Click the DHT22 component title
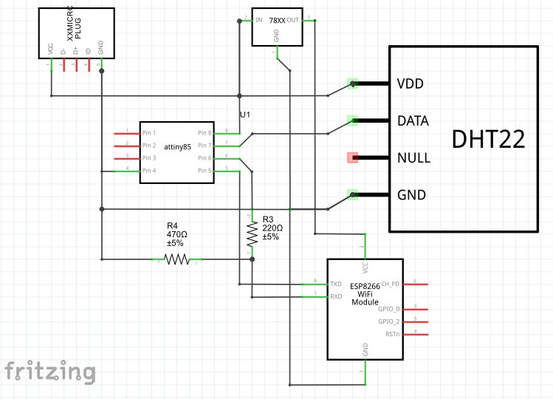tap(488, 139)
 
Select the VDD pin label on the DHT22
tap(410, 83)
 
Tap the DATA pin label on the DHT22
tap(413, 120)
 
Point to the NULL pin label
tap(413, 158)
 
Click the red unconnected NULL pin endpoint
tap(353, 157)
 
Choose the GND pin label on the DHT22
tap(411, 195)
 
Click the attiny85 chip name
tap(177, 147)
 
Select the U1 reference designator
tap(245, 115)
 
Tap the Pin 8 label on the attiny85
tap(205, 133)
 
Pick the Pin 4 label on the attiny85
tap(149, 171)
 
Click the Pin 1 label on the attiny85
tap(149, 133)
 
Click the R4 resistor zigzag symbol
tap(176, 259)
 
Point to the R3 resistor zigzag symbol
tap(253, 235)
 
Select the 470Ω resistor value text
tap(176, 235)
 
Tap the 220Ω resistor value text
tap(272, 228)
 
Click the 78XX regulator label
tap(278, 22)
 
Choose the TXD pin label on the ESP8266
tap(335, 284)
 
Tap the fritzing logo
tap(50, 371)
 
